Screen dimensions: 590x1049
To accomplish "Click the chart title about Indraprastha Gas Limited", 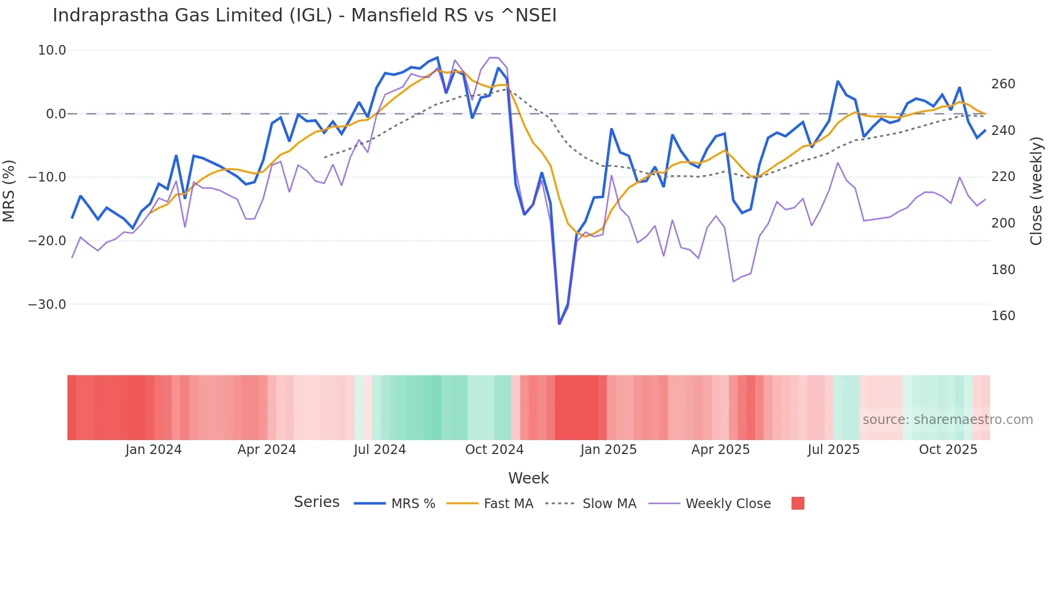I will point(305,16).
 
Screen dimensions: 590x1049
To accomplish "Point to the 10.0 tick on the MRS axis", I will point(52,50).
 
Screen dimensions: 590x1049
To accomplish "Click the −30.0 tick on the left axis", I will point(47,305).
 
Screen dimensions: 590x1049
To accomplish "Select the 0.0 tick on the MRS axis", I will point(56,114).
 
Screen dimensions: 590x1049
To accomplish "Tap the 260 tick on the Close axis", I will point(1003,84).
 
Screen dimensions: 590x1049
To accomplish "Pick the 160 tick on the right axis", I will point(1003,316).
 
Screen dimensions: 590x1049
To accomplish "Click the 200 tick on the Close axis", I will point(1003,223).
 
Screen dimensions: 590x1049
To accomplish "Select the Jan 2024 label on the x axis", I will point(154,450).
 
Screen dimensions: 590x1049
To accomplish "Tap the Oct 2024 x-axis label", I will point(494,450).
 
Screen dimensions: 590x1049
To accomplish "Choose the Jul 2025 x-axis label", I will point(833,450).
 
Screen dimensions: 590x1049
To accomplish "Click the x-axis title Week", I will point(528,478).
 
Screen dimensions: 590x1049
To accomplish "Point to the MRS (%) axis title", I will point(9,191).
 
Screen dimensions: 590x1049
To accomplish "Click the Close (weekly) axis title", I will point(1036,191).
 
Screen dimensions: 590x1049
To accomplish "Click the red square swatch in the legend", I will point(797,503).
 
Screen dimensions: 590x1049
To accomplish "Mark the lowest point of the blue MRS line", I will point(559,324).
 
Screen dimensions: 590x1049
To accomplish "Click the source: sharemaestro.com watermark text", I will point(947,420).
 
